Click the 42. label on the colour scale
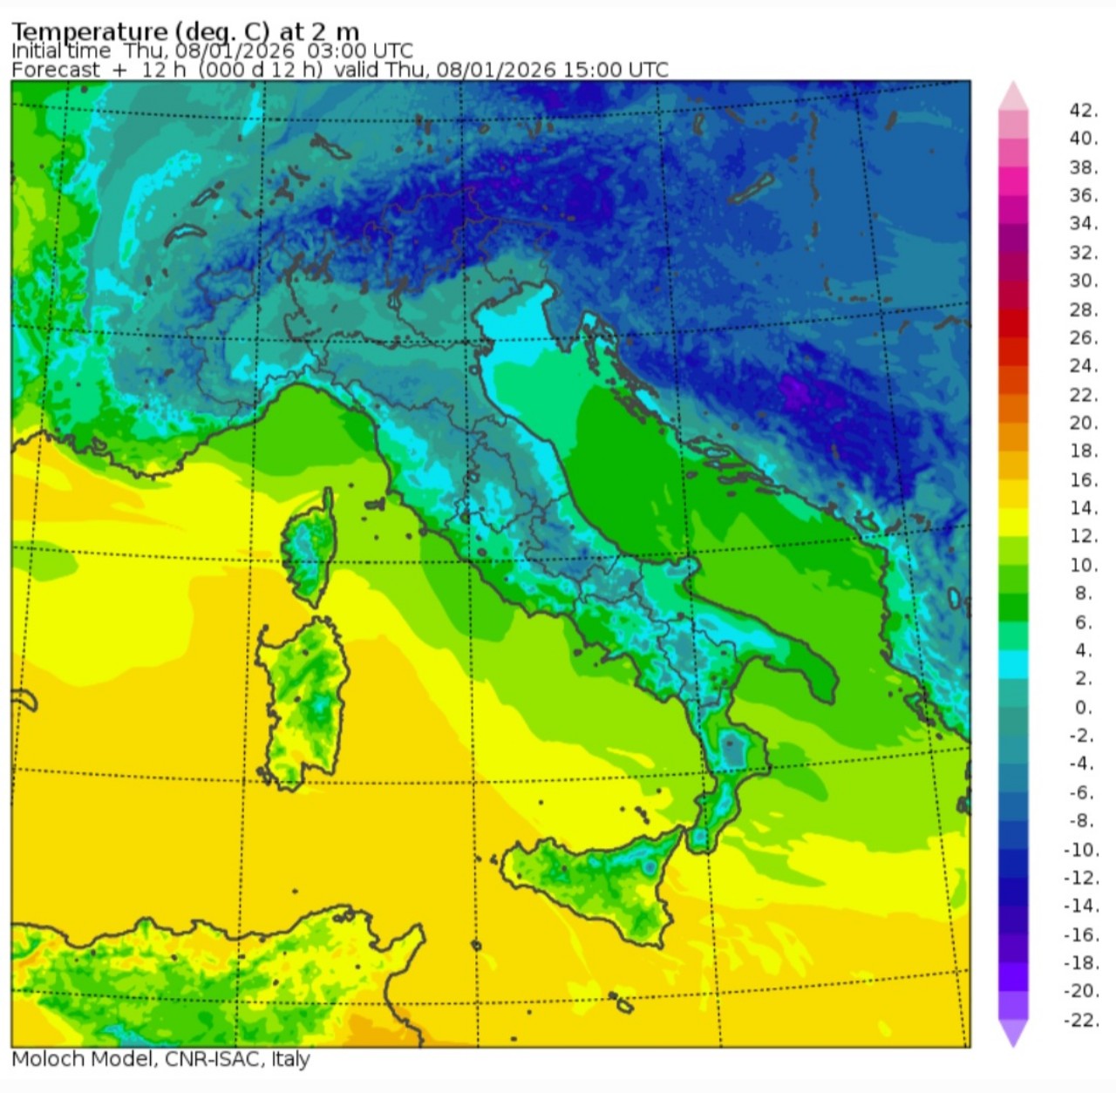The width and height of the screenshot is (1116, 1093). (x=1082, y=110)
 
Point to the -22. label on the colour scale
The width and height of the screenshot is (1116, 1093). (x=1081, y=1019)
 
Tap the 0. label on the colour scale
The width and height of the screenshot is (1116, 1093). (x=1083, y=707)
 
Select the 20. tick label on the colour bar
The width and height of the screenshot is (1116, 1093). (x=1083, y=423)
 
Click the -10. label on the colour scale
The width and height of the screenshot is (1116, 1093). (x=1081, y=849)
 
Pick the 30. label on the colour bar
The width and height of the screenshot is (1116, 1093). (x=1083, y=281)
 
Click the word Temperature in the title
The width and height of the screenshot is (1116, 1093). (x=89, y=33)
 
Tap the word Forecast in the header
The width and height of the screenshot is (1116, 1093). (x=56, y=70)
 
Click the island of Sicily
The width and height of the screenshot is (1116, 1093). (x=602, y=880)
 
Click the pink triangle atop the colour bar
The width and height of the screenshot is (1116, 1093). (x=1013, y=96)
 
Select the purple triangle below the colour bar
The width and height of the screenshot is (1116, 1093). (x=1013, y=1034)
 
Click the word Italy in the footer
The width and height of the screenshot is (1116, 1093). (x=290, y=1059)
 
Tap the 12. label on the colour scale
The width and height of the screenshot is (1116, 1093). (x=1083, y=536)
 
